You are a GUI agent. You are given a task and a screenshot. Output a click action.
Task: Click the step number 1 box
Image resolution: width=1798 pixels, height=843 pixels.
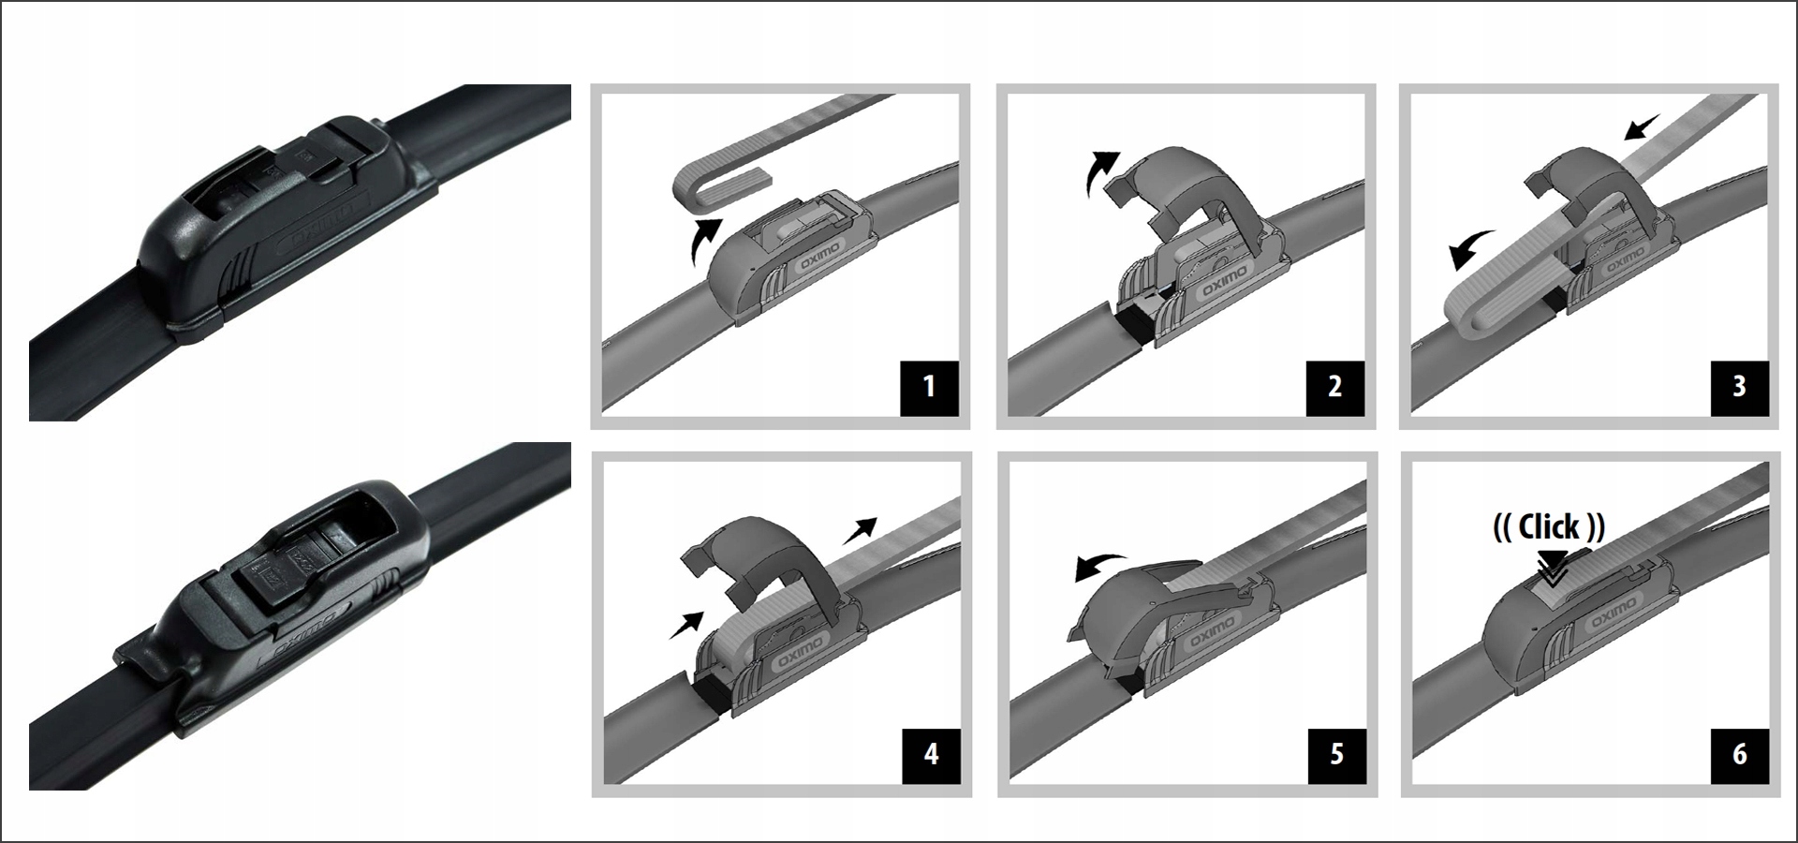929,387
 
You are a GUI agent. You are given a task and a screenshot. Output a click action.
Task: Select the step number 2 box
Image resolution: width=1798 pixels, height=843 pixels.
1334,387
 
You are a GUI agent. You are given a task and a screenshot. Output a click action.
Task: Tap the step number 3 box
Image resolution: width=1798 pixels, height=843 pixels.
1739,387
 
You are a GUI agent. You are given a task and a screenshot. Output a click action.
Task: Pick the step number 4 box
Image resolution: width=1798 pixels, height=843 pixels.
931,754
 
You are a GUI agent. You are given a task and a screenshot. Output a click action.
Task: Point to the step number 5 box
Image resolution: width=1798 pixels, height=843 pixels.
1336,754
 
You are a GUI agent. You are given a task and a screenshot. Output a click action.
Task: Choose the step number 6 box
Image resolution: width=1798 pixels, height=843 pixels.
1740,754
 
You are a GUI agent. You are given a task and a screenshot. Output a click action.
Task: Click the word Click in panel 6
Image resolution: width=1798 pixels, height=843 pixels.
1549,527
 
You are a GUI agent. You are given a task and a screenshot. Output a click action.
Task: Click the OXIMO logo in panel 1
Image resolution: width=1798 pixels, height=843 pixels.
820,254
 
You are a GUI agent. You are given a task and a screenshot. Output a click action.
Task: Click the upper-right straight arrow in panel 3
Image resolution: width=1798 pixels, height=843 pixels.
1642,126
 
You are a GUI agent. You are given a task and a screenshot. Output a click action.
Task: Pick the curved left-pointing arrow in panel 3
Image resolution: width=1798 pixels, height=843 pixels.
1471,249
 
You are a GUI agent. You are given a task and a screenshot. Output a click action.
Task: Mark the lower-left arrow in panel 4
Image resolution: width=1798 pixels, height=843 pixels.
686,625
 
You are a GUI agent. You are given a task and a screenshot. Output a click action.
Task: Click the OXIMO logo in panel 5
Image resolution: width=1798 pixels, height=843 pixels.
1210,633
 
